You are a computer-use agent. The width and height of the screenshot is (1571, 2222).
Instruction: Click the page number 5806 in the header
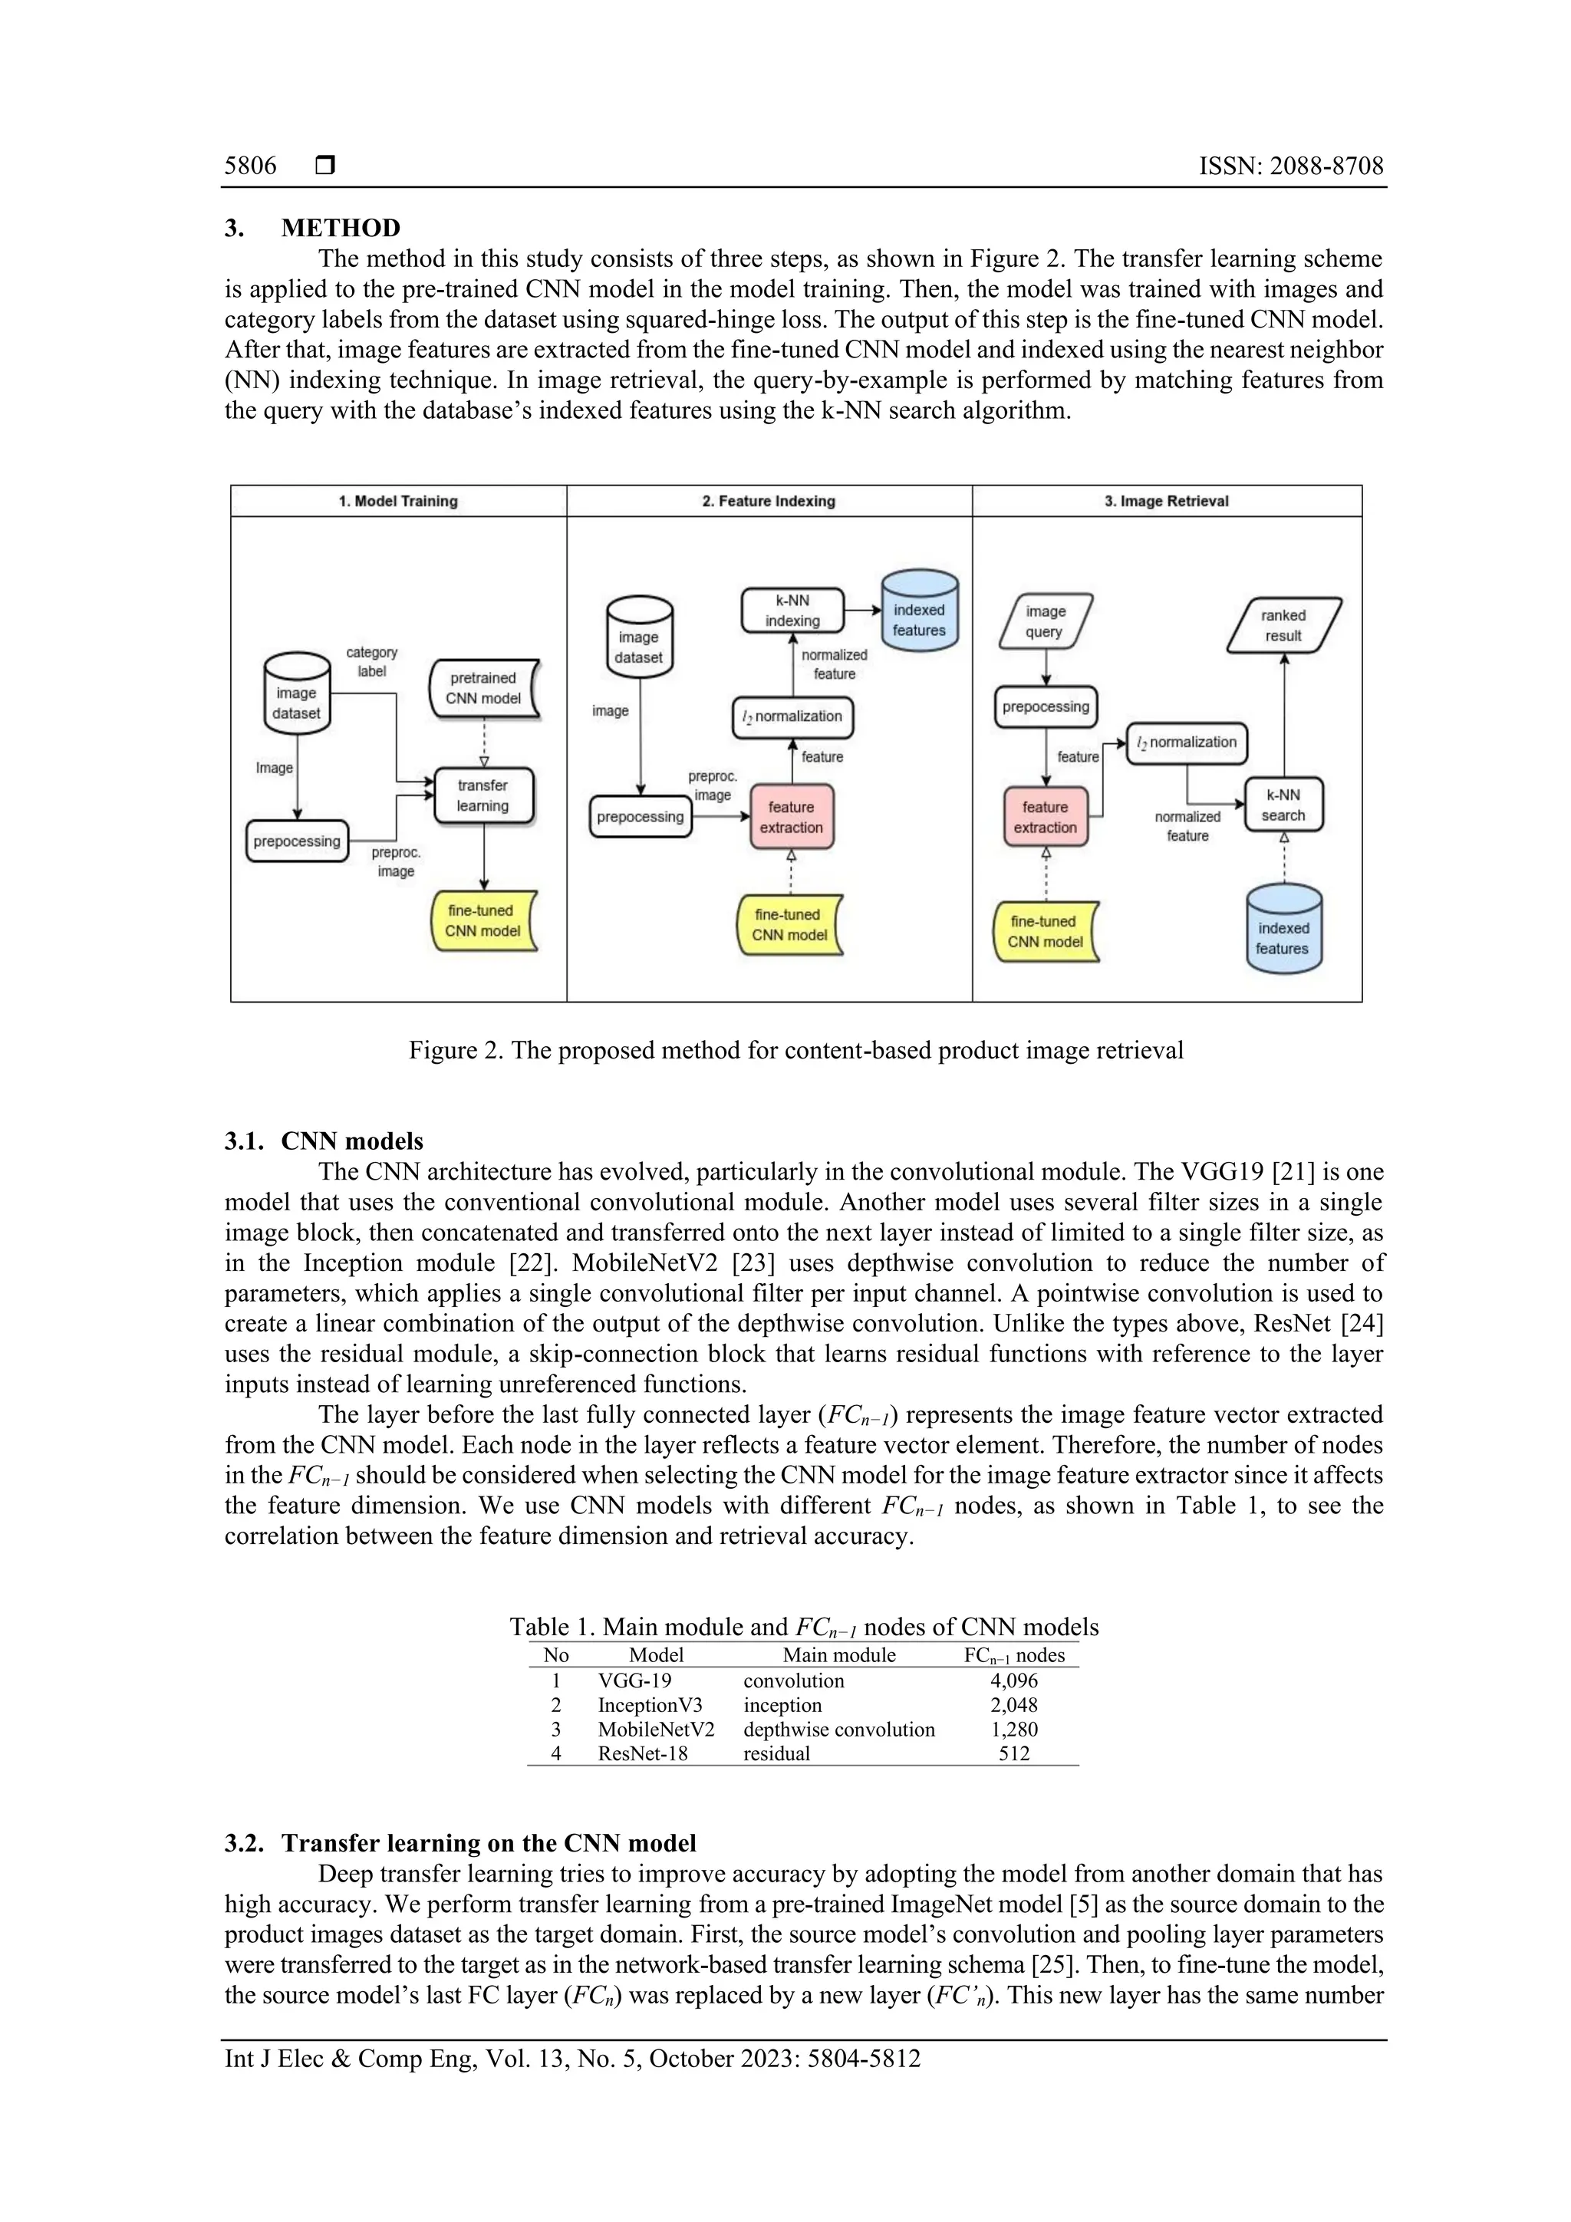(x=250, y=166)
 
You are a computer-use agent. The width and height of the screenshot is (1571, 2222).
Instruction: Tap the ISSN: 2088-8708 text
(x=1290, y=166)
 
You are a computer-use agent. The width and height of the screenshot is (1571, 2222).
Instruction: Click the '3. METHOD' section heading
(x=313, y=229)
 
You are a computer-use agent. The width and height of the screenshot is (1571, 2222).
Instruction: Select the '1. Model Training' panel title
(x=398, y=502)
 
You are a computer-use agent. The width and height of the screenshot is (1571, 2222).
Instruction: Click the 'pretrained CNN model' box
(x=483, y=688)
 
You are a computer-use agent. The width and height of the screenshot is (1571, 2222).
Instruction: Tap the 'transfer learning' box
(x=483, y=795)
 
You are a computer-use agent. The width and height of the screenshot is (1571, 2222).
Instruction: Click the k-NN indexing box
(x=792, y=611)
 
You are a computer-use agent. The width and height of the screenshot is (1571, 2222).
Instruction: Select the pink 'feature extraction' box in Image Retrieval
(x=1045, y=817)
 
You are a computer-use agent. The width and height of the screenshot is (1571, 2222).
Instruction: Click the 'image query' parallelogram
(x=1045, y=621)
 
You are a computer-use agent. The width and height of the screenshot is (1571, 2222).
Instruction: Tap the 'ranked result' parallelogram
(x=1283, y=625)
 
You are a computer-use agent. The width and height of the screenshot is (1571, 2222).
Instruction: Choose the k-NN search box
(x=1283, y=805)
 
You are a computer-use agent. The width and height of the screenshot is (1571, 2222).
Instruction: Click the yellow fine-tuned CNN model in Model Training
(x=482, y=920)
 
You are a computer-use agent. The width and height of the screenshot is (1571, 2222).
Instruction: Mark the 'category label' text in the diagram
(x=372, y=662)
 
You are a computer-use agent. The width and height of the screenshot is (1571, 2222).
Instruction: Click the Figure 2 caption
(x=795, y=1050)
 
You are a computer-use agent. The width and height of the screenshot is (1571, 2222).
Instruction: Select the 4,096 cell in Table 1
(x=1013, y=1681)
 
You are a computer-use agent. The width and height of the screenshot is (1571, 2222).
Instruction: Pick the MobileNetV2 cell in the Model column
(x=655, y=1730)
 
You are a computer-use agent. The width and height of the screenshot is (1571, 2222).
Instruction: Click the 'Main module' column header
(x=838, y=1656)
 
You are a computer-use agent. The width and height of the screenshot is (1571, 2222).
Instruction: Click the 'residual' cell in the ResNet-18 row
(x=776, y=1753)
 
